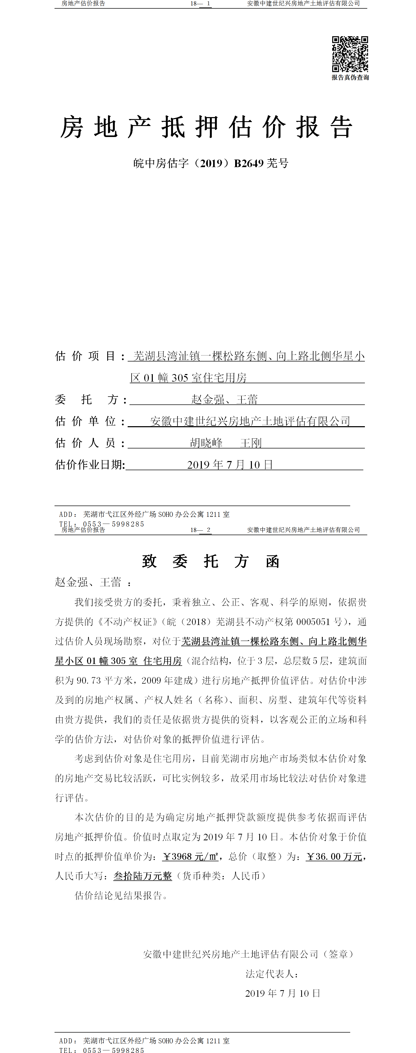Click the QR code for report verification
pos(350,54)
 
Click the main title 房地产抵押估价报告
pos(207,127)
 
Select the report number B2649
pos(249,163)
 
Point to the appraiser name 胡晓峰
pos(206,443)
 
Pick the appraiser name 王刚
pos(251,443)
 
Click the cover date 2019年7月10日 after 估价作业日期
pos(230,465)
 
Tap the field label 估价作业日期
pos(90,465)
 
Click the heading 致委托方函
pos(211,561)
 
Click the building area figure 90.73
pos(88,680)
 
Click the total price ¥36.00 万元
pos(334,856)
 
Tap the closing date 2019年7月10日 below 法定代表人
pos(283,993)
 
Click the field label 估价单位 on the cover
pos(90,421)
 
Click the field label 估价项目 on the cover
pos(90,356)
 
